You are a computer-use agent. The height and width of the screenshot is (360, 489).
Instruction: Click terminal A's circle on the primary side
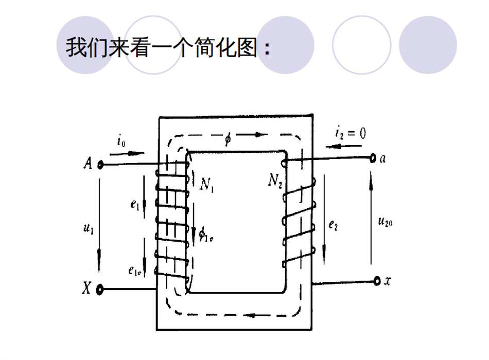[x=100, y=165]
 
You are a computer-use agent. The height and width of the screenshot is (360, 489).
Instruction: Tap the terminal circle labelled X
[x=100, y=289]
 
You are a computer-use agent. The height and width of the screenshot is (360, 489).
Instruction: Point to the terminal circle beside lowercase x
[x=377, y=281]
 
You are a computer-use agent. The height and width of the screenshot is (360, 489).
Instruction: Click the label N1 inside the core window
[x=207, y=184]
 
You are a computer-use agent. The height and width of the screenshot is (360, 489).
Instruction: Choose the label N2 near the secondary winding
[x=275, y=180]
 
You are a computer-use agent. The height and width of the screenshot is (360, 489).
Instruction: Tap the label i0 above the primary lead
[x=121, y=141]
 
